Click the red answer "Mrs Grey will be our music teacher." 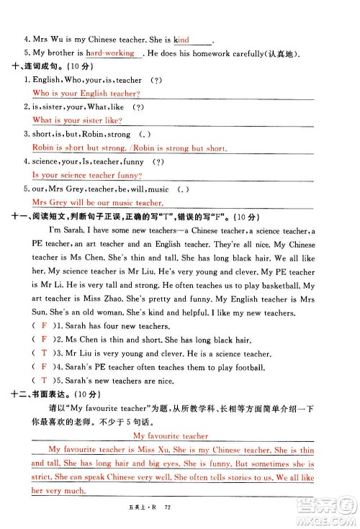(x=98, y=203)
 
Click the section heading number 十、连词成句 (x=19, y=67)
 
